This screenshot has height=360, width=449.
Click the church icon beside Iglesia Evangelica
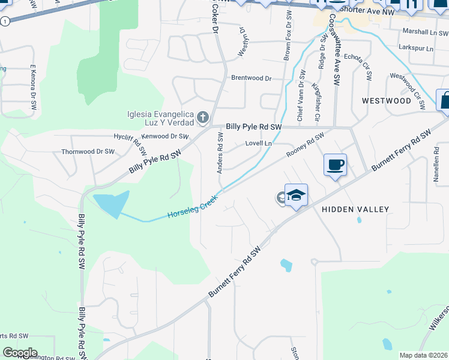[203, 118]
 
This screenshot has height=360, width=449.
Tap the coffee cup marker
[335, 164]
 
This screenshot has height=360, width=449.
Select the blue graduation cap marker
[296, 196]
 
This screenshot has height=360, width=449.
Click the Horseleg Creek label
[191, 206]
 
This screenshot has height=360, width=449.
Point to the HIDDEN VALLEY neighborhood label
[355, 209]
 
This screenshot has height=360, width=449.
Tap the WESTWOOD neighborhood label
[387, 101]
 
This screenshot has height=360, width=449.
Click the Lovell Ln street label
[259, 144]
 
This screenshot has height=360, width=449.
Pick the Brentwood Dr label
[252, 78]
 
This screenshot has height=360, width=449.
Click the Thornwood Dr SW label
[88, 152]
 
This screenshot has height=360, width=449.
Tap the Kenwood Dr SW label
[161, 136]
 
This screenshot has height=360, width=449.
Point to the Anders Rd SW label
[220, 153]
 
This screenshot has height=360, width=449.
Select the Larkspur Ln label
[417, 48]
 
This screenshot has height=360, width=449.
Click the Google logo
[19, 353]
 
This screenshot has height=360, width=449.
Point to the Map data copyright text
[423, 355]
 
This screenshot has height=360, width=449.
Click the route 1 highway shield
[5, 21]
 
